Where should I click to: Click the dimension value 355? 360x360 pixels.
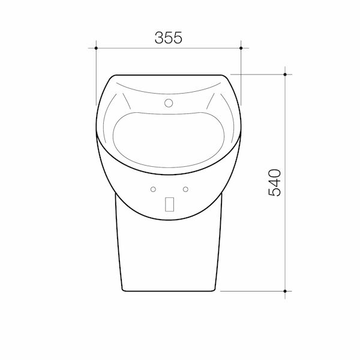point(168,37)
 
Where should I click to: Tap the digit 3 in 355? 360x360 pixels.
point(159,37)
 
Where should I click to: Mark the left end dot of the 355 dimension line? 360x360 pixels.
point(96,46)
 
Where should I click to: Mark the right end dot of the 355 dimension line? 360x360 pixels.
point(241,46)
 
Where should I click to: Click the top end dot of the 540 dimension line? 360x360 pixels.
point(285,74)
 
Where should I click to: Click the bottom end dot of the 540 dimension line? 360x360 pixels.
point(285,290)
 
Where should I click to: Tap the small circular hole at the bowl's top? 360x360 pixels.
point(169,104)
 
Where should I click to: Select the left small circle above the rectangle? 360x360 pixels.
point(154,190)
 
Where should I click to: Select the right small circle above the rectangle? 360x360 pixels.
point(185,190)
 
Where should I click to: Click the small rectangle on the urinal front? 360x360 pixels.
point(169,204)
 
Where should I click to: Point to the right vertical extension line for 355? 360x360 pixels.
point(241,66)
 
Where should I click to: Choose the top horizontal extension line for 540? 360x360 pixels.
point(258,74)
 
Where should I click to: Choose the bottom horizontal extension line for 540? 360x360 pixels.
point(252,290)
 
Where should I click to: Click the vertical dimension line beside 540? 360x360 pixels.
point(285,240)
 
